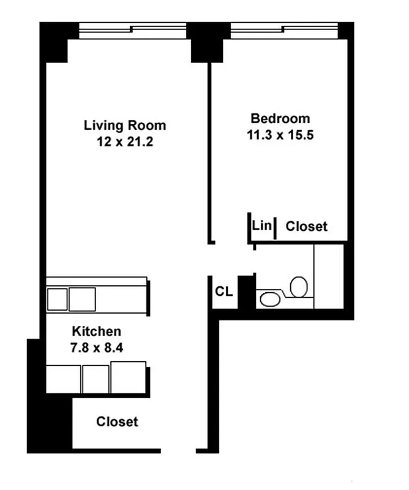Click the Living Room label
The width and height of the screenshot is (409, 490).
(x=124, y=126)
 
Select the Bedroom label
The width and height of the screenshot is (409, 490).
(x=280, y=118)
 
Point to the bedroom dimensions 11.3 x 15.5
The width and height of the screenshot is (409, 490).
(x=280, y=135)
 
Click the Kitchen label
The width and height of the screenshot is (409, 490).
(x=97, y=331)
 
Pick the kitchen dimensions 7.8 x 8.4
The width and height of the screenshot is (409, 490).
(x=97, y=347)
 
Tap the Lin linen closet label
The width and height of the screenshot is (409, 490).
(x=261, y=225)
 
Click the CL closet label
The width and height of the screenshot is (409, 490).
(x=223, y=292)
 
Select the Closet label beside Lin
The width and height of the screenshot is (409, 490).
(x=307, y=227)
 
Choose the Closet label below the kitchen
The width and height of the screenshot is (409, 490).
(x=117, y=421)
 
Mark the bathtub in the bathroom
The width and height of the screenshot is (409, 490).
(x=329, y=276)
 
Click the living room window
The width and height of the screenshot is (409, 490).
(x=133, y=28)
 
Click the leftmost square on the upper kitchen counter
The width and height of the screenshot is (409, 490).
(x=57, y=299)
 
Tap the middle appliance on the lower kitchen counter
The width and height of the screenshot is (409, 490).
(x=96, y=379)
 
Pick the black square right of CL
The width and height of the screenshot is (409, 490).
(x=246, y=292)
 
